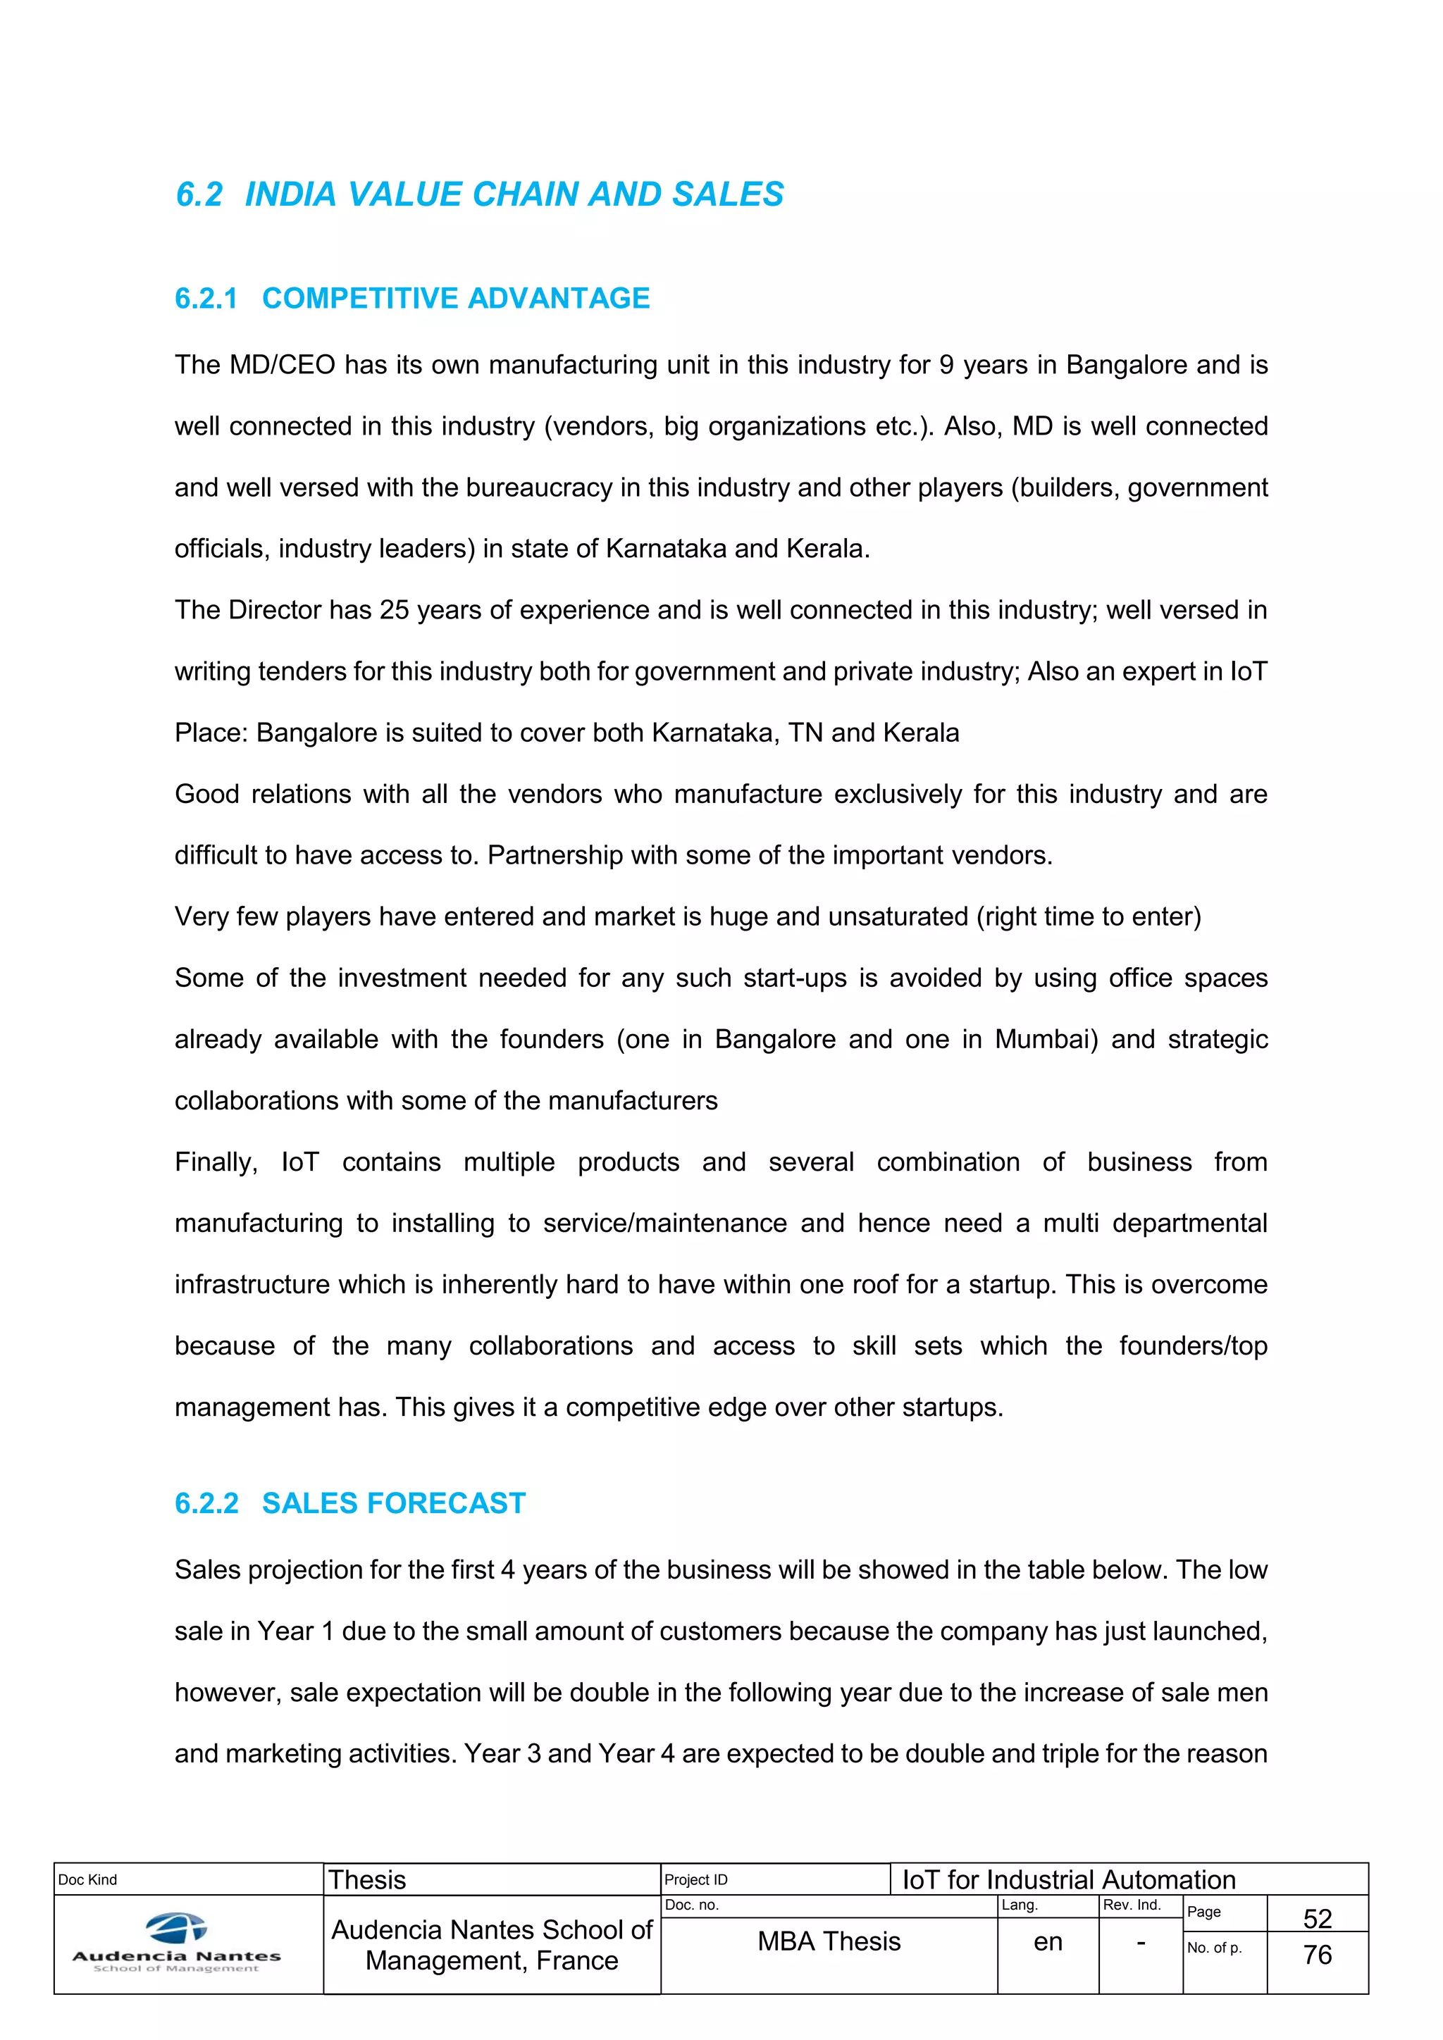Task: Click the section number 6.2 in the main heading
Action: (199, 194)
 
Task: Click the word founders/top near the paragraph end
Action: (1192, 1346)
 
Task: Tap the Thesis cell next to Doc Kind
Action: (367, 1880)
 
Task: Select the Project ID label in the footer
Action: (695, 1880)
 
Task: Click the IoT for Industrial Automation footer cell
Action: (1069, 1880)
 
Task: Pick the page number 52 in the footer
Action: (1317, 1918)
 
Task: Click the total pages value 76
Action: (1317, 1955)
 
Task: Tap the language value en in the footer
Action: (1048, 1942)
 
